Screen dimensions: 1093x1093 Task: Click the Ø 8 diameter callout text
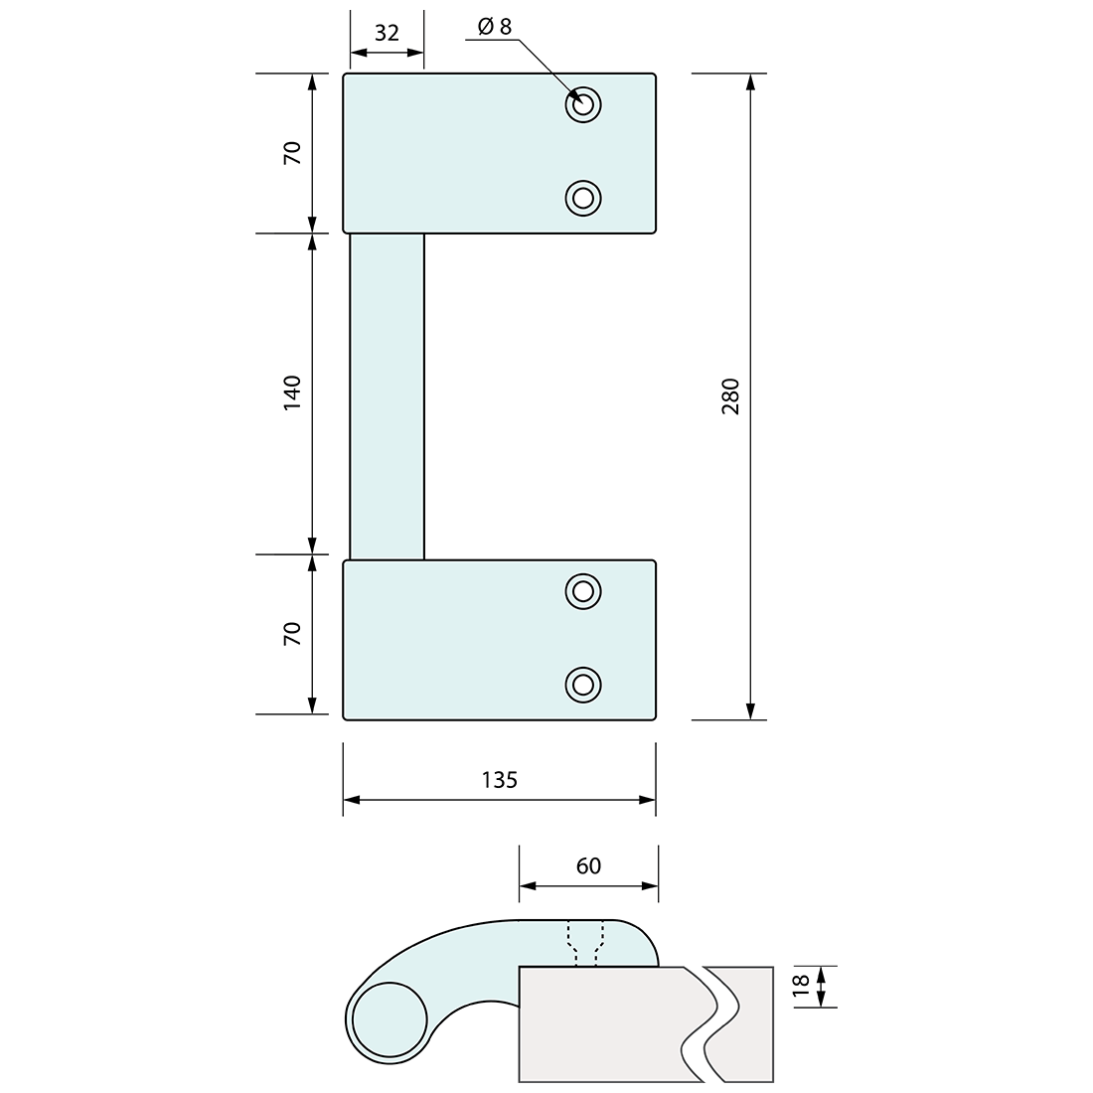point(494,27)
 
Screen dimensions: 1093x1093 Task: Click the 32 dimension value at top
point(387,33)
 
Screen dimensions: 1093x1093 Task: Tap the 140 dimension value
point(291,393)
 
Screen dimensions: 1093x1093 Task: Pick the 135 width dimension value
point(499,780)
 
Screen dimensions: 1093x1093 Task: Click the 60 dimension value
point(588,866)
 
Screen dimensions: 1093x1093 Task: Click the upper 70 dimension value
point(291,153)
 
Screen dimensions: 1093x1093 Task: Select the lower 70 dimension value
point(291,634)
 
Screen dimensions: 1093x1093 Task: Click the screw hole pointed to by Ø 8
point(583,104)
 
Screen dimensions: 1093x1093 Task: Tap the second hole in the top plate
point(583,198)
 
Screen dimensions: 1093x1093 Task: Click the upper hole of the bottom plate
point(583,591)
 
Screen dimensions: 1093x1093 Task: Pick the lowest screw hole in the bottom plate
point(583,684)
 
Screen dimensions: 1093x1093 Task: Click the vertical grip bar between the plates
point(387,396)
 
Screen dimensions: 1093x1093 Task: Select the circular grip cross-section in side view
point(390,1021)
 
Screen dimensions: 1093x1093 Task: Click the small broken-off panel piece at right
point(743,1023)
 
